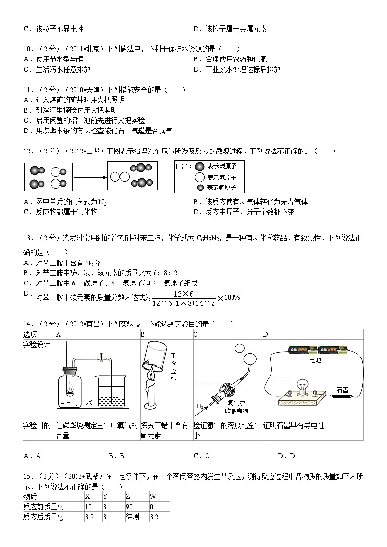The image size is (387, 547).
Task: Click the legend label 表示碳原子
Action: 221,166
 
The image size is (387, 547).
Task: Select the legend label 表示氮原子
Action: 221,177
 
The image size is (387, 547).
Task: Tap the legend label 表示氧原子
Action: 221,188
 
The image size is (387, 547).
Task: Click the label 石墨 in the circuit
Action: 342,390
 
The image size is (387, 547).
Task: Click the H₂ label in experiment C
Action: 200,406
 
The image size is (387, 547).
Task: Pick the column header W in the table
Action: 153,496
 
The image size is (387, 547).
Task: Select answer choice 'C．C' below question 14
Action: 201,456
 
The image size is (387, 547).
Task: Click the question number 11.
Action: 28,90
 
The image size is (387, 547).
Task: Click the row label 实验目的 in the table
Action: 37,425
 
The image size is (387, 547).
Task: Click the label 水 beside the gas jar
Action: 89,403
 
